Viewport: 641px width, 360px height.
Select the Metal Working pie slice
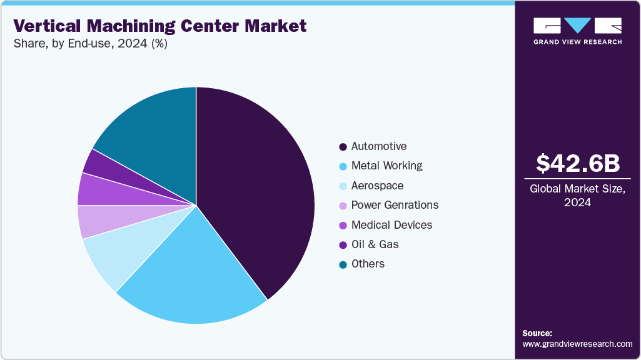coord(194,275)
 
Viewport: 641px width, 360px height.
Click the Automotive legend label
coord(378,146)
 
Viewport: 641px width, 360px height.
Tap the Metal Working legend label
coord(386,166)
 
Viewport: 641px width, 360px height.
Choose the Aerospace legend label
coord(377,186)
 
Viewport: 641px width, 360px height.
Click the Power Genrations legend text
coord(395,205)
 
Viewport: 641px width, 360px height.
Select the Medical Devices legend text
coord(391,224)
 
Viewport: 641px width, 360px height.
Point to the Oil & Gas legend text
coord(375,244)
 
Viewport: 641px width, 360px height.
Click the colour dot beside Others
coord(343,264)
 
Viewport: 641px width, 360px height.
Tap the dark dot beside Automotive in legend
coord(343,147)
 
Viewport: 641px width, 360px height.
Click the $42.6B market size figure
coord(578,163)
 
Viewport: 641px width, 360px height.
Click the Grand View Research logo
coord(577,31)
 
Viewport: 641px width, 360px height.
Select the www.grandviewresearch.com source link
coord(577,344)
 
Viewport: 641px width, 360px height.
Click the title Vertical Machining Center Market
coord(160,26)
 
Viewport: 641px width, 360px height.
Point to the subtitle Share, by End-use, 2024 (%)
coord(90,44)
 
